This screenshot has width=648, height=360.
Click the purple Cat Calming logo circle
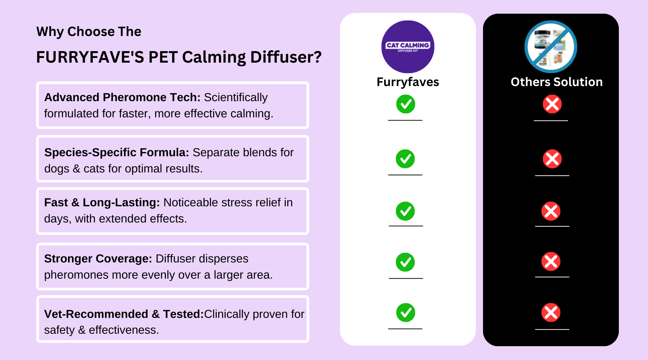coord(408,47)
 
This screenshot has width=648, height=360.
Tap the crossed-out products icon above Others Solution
coord(551,47)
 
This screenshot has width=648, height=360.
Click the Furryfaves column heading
coord(408,82)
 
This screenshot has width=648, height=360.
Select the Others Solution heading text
coord(557,82)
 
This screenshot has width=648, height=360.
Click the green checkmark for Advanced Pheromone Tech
coord(406,104)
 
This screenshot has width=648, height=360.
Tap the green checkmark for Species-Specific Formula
coord(405,159)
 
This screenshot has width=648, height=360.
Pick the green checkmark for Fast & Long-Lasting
coord(405,211)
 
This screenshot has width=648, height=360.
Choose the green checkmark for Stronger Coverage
coord(405,262)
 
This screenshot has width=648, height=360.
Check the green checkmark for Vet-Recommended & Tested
coord(406,312)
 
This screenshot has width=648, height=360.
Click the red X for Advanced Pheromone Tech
coord(552,104)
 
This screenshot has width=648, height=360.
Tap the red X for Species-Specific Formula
coord(552,159)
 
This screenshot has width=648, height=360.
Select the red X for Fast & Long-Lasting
coord(551,211)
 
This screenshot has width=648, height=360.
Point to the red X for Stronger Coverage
coord(551,261)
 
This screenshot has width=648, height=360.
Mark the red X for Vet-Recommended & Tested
coord(551,312)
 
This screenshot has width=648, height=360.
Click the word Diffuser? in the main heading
coord(286,57)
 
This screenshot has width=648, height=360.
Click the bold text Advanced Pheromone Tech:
coord(122,98)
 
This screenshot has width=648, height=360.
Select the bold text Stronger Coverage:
coord(98,259)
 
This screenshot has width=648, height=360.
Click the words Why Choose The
coord(89,32)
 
